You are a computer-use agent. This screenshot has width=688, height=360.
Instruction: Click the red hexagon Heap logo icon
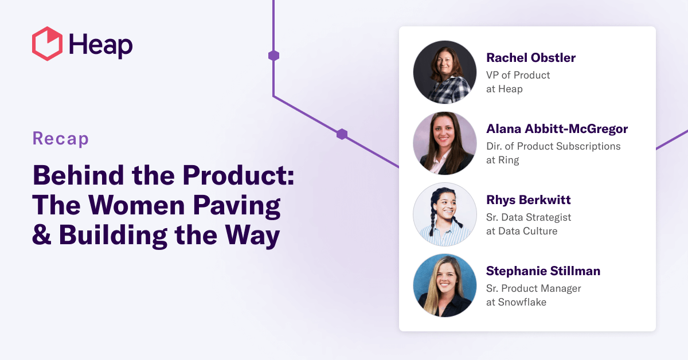point(47,44)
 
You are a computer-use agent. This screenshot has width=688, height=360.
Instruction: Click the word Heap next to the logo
point(100,45)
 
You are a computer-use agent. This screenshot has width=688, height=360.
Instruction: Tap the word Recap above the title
point(61,139)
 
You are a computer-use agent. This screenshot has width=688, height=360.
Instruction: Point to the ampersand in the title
point(42,236)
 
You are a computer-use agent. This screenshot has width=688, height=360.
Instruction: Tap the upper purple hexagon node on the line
point(273,56)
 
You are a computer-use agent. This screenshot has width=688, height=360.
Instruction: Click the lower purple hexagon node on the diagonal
point(342,134)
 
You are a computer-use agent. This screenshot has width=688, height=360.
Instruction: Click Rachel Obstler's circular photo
point(445,72)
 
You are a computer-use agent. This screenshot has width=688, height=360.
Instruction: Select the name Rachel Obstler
point(530,58)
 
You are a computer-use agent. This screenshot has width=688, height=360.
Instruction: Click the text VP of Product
point(518,75)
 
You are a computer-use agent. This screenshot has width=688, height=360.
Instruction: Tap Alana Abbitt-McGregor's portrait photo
point(445,143)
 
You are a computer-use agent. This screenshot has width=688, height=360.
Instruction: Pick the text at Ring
point(502,161)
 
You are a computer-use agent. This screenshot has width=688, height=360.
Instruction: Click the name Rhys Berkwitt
point(528,200)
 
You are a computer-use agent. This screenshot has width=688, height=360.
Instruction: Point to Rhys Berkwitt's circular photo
point(445,214)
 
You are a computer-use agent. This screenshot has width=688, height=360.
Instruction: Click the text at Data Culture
point(521,232)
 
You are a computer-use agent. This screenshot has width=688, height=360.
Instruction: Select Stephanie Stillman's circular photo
point(445,285)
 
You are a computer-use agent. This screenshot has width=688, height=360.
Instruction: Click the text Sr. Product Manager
point(533,288)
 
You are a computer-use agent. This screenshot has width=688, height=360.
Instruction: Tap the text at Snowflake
point(516,302)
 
